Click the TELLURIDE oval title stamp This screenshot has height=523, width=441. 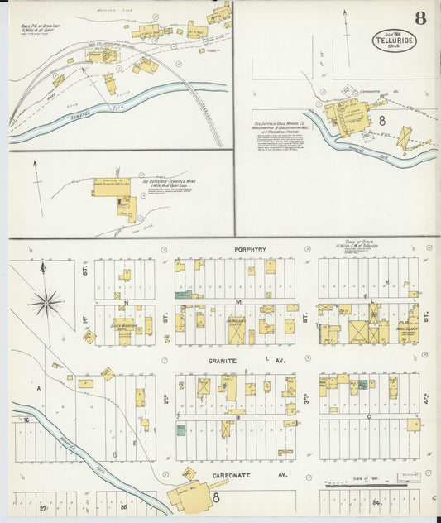point(395,40)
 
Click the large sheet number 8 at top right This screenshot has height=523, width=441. point(421,18)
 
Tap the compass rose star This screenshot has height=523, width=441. point(46,302)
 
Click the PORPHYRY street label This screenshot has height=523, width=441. point(248,249)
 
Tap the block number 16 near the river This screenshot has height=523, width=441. point(26,420)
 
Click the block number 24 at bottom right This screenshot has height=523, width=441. point(376,502)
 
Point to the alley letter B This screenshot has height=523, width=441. point(239,418)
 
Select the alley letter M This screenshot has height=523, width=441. point(238,301)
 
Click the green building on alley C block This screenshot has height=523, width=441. point(362,385)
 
